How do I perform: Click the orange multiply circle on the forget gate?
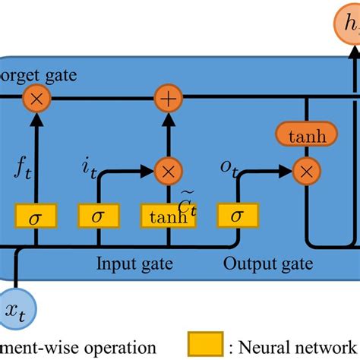click(35, 99)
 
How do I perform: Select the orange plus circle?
click(166, 99)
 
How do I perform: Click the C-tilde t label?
click(188, 201)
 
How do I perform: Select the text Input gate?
click(134, 264)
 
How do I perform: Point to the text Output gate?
click(267, 264)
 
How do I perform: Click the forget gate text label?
click(38, 76)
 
